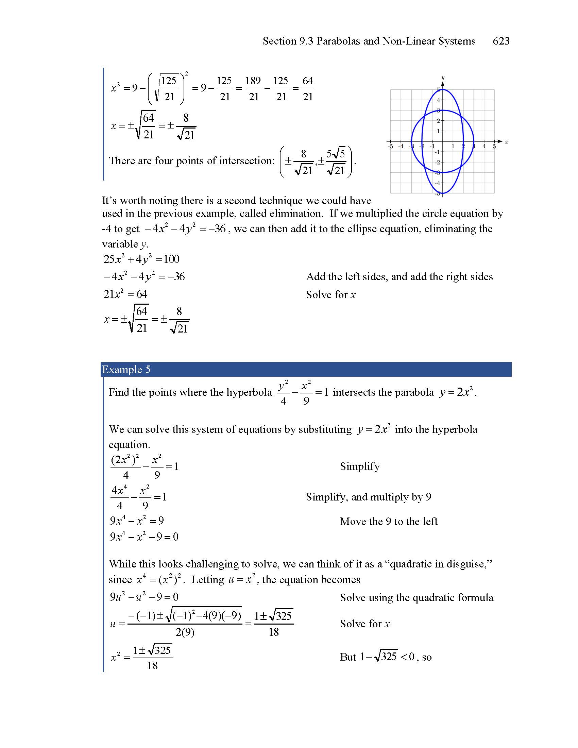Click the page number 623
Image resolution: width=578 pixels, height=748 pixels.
pos(501,41)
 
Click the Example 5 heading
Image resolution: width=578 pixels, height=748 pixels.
pos(126,370)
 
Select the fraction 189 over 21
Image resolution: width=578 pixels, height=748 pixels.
pos(253,89)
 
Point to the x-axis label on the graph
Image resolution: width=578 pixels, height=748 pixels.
pos(507,142)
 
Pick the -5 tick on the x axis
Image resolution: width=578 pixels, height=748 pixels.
pos(390,147)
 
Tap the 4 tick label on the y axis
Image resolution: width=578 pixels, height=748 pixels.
pos(438,100)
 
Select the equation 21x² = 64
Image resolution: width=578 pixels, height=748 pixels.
pos(125,294)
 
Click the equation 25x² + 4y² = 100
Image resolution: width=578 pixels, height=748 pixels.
pos(141,259)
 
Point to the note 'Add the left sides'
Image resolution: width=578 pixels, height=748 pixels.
pos(399,277)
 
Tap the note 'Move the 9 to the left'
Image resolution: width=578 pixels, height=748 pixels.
pos(389,521)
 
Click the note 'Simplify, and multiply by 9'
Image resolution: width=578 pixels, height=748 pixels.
pos(369,497)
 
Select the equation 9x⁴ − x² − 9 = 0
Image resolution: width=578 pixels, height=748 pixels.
pos(144,536)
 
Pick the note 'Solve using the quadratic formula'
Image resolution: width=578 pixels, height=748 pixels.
pos(417,597)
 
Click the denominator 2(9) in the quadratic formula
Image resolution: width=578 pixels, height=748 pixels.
pos(185,632)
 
